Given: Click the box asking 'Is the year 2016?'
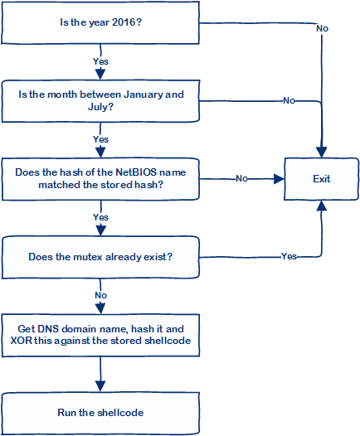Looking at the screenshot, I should coord(100,22).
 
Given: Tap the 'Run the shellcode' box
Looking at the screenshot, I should coord(100,412).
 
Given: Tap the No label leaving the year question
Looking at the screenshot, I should coord(322,28).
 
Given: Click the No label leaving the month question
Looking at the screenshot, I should coord(289,100).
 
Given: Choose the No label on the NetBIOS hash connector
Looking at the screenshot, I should coord(241,178).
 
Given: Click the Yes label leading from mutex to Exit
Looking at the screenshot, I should coord(289,256).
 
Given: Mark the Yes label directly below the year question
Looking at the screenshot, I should coord(100,61).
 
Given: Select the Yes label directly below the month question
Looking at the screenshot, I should coord(100,138).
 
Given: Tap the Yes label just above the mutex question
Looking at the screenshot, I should coord(100,216).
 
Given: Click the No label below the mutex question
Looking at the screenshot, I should coord(100,294).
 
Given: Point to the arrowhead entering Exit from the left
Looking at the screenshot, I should coord(280,178).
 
